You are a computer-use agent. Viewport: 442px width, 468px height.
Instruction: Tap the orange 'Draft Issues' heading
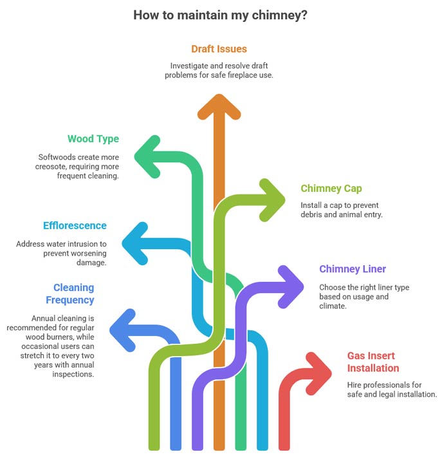click(x=219, y=49)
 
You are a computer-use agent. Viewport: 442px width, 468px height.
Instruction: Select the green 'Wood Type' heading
click(x=93, y=138)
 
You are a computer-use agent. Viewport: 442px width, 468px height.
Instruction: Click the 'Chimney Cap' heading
click(x=331, y=189)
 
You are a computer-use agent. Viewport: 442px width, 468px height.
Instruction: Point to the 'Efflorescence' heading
click(x=75, y=226)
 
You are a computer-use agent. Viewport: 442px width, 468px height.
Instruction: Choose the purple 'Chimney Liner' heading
click(x=353, y=268)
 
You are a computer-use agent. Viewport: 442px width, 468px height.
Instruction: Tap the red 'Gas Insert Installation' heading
click(x=373, y=362)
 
